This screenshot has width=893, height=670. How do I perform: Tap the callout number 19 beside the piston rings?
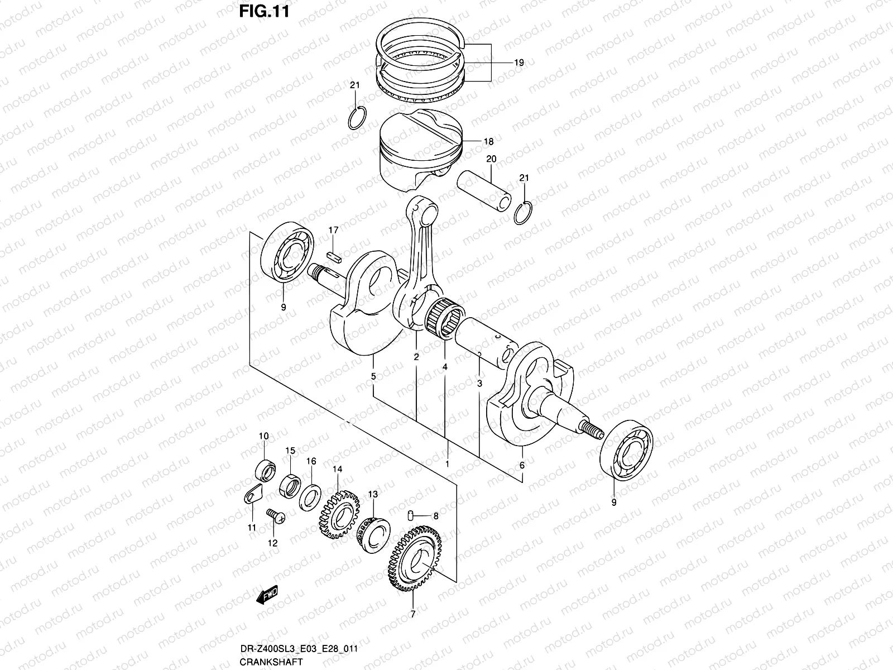pos(519,63)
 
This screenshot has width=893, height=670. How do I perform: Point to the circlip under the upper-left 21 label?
pos(356,117)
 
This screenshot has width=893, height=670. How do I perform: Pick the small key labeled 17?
pos(333,256)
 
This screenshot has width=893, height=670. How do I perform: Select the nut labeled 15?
pos(290,484)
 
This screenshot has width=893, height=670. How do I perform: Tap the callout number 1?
pos(447,464)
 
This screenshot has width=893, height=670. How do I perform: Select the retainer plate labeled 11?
pos(255,494)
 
